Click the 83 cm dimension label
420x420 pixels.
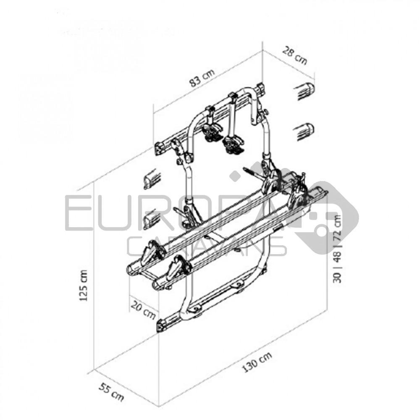[x=202, y=79]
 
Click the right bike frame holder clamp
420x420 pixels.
[x=233, y=143]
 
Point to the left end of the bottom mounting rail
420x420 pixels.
[x=161, y=326]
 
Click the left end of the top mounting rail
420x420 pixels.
[x=160, y=148]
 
